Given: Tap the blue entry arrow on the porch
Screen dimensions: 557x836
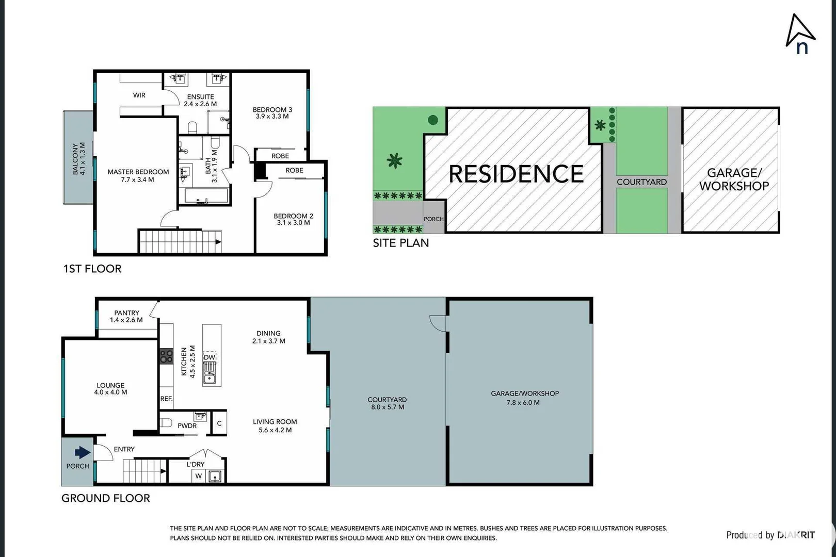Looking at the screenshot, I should point(83,453).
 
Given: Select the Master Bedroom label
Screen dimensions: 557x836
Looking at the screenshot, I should point(138,175).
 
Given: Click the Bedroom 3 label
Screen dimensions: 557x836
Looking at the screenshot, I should point(272,113).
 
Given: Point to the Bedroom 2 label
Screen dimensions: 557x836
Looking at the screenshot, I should point(293,219).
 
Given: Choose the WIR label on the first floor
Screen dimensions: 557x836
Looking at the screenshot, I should point(139,95).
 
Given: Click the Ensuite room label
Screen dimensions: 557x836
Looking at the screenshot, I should point(200,100).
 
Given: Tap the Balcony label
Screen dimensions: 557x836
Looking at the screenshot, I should point(78,159).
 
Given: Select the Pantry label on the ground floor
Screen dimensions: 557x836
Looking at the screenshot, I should point(126,316).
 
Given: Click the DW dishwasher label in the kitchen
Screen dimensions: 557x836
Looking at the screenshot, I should point(209,357).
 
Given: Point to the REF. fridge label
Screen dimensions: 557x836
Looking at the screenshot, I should point(166,399).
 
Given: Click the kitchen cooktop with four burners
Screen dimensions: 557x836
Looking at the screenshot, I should point(166,356).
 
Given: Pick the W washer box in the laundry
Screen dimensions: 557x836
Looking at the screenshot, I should point(198,476).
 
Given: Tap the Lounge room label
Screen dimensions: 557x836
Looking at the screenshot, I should point(110,388).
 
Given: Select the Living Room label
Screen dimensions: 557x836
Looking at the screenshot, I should point(275,425).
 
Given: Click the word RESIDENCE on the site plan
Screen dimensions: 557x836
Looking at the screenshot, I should point(516,174).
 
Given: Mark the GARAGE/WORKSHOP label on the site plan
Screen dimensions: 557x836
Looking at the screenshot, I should point(734,179).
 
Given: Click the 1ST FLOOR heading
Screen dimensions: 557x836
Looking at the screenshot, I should point(92,269).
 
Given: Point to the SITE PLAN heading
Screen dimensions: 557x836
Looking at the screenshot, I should point(401,243).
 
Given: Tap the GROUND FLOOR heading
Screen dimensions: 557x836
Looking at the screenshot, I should point(106,498).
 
